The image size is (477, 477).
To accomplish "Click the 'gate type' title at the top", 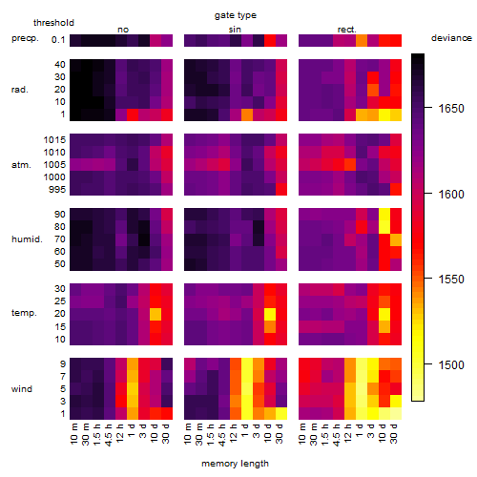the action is tap(236, 15).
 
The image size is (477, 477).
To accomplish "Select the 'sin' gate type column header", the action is tap(235, 30).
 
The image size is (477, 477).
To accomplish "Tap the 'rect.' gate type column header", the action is tap(346, 30).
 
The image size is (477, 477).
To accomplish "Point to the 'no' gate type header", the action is tap(123, 30).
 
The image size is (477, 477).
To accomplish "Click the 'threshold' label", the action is tap(53, 23).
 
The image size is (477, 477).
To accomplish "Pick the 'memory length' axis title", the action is tap(235, 464).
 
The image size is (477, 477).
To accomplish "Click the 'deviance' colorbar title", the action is tap(451, 38).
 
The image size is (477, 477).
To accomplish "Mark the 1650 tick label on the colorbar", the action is tap(451, 109).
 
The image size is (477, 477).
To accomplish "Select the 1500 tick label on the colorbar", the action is tap(451, 364).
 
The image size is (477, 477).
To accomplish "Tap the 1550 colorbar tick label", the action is tap(451, 280).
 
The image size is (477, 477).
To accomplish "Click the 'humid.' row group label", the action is tap(27, 239).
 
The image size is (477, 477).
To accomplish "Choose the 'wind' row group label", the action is tap(22, 389).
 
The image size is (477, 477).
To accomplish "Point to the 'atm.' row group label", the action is tap(21, 165).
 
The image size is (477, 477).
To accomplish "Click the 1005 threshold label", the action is tap(54, 165).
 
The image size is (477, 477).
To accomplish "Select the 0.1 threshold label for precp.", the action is tap(58, 40).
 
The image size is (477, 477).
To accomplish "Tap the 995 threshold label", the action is tap(57, 190).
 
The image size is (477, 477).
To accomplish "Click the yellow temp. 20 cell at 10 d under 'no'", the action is tap(156, 314).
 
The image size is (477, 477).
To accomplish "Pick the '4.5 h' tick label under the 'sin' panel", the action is tap(222, 435).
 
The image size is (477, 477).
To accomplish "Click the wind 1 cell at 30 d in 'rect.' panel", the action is tap(396, 413).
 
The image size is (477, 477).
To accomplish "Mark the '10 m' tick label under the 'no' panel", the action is tap(73, 434).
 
